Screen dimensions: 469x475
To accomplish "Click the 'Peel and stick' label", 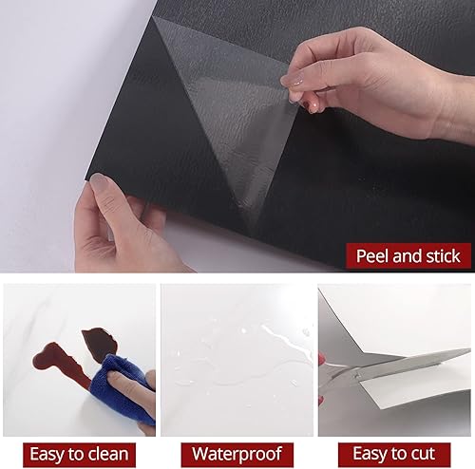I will coord(408,255).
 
